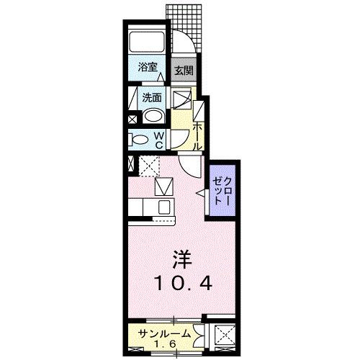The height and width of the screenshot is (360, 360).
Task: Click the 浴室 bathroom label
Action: click(x=148, y=68)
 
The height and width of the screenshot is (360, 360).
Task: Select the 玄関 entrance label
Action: click(x=184, y=71)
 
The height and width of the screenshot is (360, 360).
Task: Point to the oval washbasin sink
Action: click(x=153, y=116)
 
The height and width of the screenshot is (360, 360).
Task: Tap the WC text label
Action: click(x=161, y=139)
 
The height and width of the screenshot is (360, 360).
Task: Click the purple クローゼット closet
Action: click(x=221, y=188)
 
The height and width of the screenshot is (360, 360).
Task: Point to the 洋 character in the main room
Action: click(x=181, y=257)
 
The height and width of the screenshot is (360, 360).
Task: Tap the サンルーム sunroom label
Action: click(x=166, y=333)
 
